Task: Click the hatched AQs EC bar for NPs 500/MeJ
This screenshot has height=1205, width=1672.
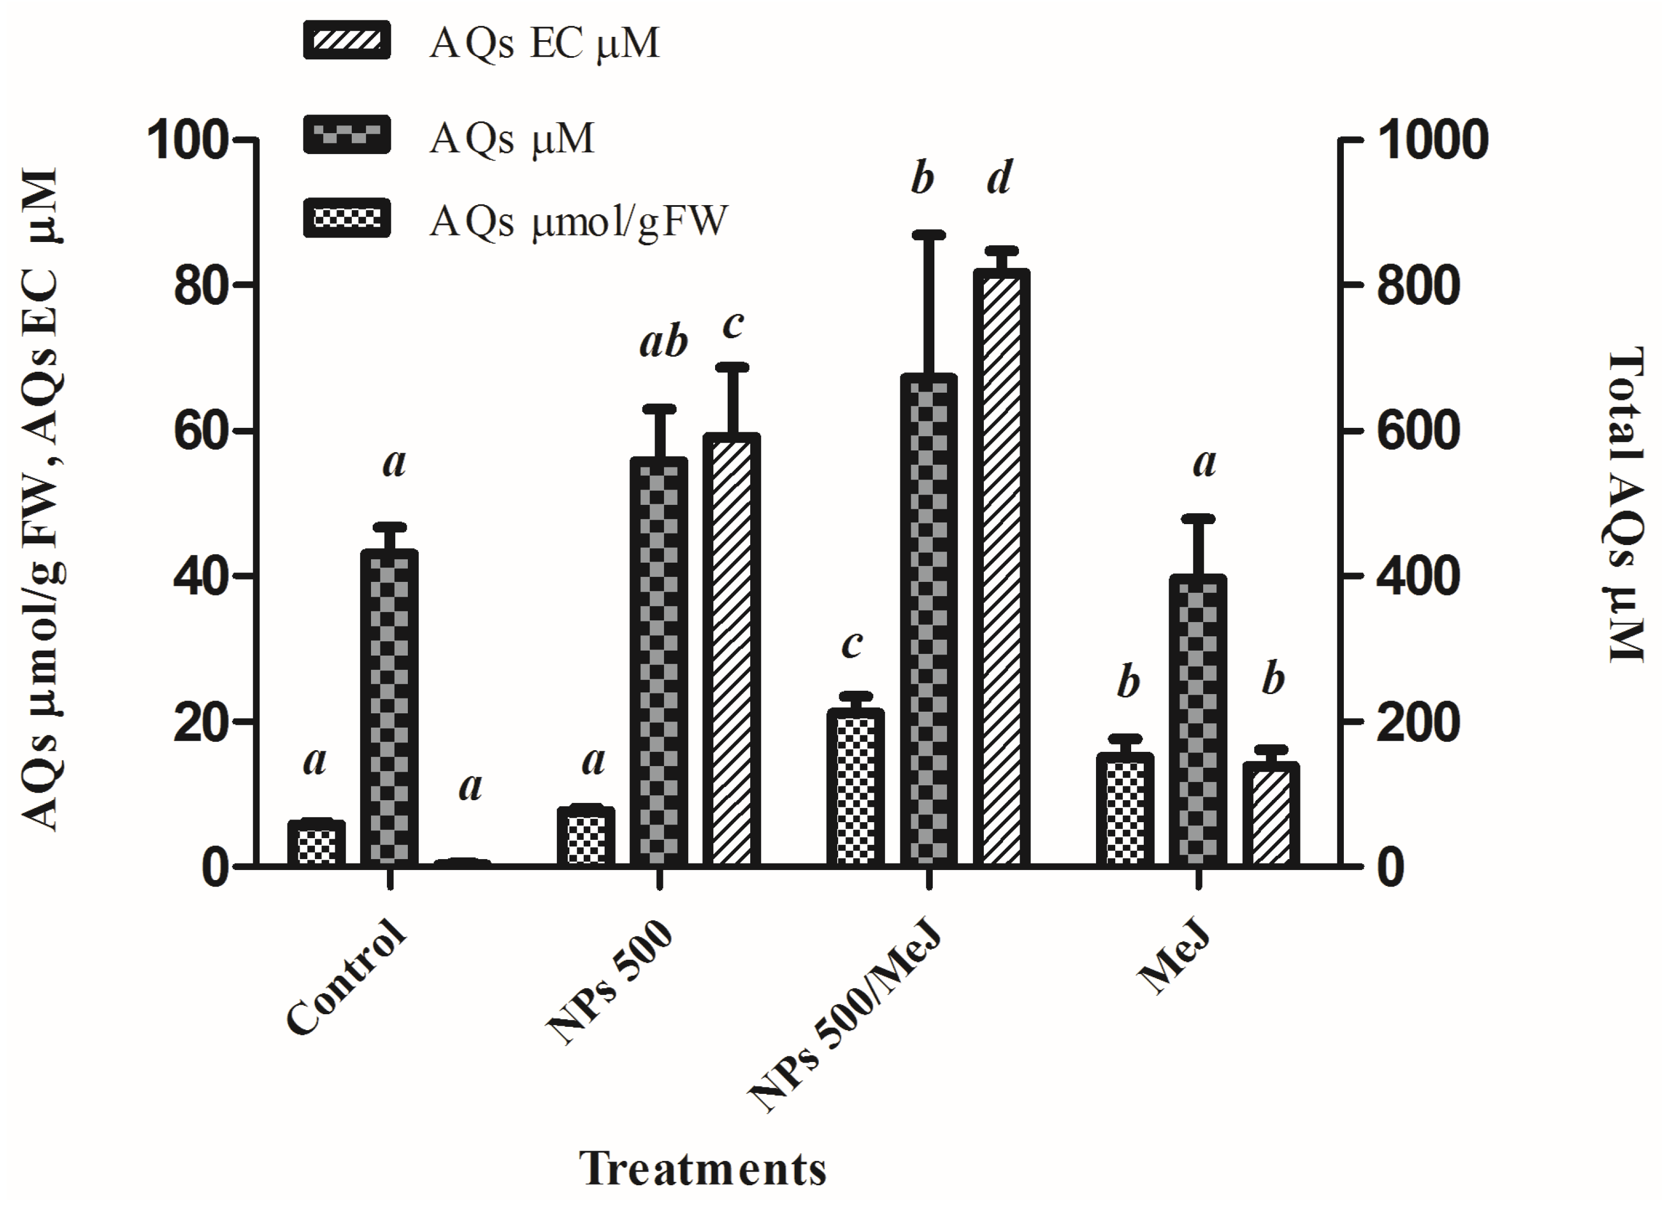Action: pos(1000,567)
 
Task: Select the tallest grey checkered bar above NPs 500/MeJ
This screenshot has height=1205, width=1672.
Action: pos(928,619)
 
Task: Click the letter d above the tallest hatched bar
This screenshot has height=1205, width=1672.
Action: pos(1000,178)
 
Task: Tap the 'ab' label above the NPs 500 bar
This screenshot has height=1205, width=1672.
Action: pos(663,343)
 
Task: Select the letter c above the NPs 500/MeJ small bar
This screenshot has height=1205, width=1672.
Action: pos(852,644)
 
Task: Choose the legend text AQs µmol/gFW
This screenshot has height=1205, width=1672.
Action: pos(579,221)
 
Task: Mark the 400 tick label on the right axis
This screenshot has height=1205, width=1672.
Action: pos(1418,577)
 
